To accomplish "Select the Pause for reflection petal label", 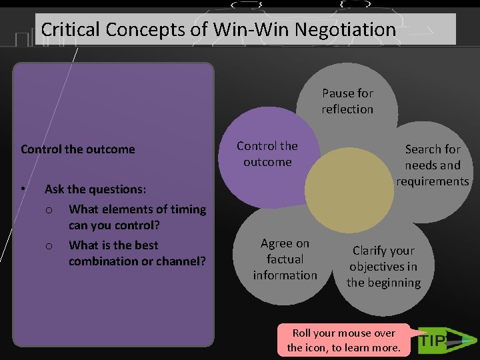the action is pos(347,101).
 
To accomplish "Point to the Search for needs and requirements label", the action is pos(433,165).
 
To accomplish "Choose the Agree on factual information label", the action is pos(285,259).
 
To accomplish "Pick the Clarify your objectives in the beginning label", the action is pos(383,267).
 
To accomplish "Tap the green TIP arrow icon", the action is pos(441,341).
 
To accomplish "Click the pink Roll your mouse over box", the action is pos(343,340).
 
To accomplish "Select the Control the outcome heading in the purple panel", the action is pos(78,149).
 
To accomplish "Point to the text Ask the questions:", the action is pos(95,189).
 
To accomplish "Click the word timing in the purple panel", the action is pos(188,209).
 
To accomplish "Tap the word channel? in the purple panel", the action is pos(179,261).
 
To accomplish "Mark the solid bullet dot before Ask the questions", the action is pos(23,189).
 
